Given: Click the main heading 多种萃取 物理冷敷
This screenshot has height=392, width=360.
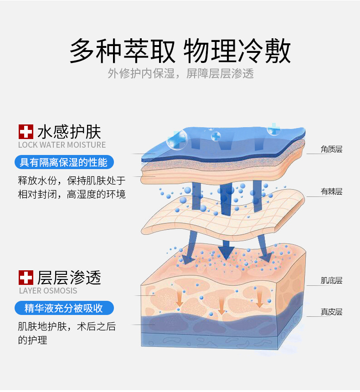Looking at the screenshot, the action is click(x=180, y=51).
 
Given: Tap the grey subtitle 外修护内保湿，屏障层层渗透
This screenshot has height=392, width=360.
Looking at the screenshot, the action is click(x=180, y=73).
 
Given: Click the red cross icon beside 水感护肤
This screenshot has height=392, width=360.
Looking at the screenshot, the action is click(x=26, y=132).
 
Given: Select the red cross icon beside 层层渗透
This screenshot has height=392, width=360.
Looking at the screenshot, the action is click(x=26, y=277).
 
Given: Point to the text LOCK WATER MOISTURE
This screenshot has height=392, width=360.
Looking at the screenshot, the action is click(x=62, y=145).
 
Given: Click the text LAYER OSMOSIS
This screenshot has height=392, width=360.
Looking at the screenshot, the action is click(x=48, y=291).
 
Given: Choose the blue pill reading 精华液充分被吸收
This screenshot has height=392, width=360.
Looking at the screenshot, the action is click(x=64, y=308).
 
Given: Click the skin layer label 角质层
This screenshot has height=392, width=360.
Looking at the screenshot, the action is click(x=331, y=149).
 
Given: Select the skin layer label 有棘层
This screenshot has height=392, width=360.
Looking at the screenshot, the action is click(x=331, y=191).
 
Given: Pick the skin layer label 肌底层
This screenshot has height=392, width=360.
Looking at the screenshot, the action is click(x=331, y=280).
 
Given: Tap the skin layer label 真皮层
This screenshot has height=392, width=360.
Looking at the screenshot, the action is click(x=331, y=312).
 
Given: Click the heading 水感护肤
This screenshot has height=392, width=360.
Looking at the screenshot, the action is click(x=69, y=132).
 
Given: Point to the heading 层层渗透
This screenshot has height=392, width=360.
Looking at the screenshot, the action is click(x=69, y=277).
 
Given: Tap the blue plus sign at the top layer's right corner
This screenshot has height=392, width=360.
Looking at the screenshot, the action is click(x=274, y=128).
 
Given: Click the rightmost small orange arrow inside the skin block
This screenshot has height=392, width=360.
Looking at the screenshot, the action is click(x=260, y=299).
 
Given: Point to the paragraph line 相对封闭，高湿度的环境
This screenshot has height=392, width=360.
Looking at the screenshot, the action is click(x=72, y=194).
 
